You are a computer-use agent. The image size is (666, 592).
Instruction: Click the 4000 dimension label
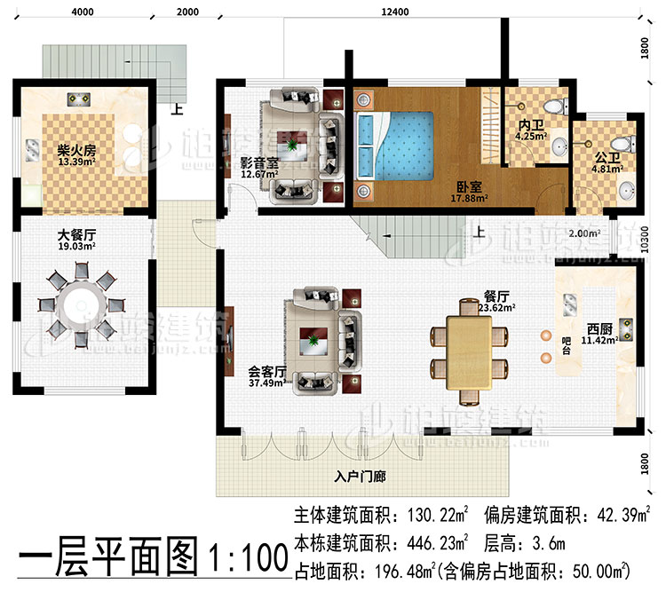pos(82,11)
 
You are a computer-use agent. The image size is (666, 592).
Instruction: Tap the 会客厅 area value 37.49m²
pos(266,383)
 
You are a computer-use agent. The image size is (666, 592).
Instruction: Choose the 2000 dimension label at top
pos(187,11)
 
